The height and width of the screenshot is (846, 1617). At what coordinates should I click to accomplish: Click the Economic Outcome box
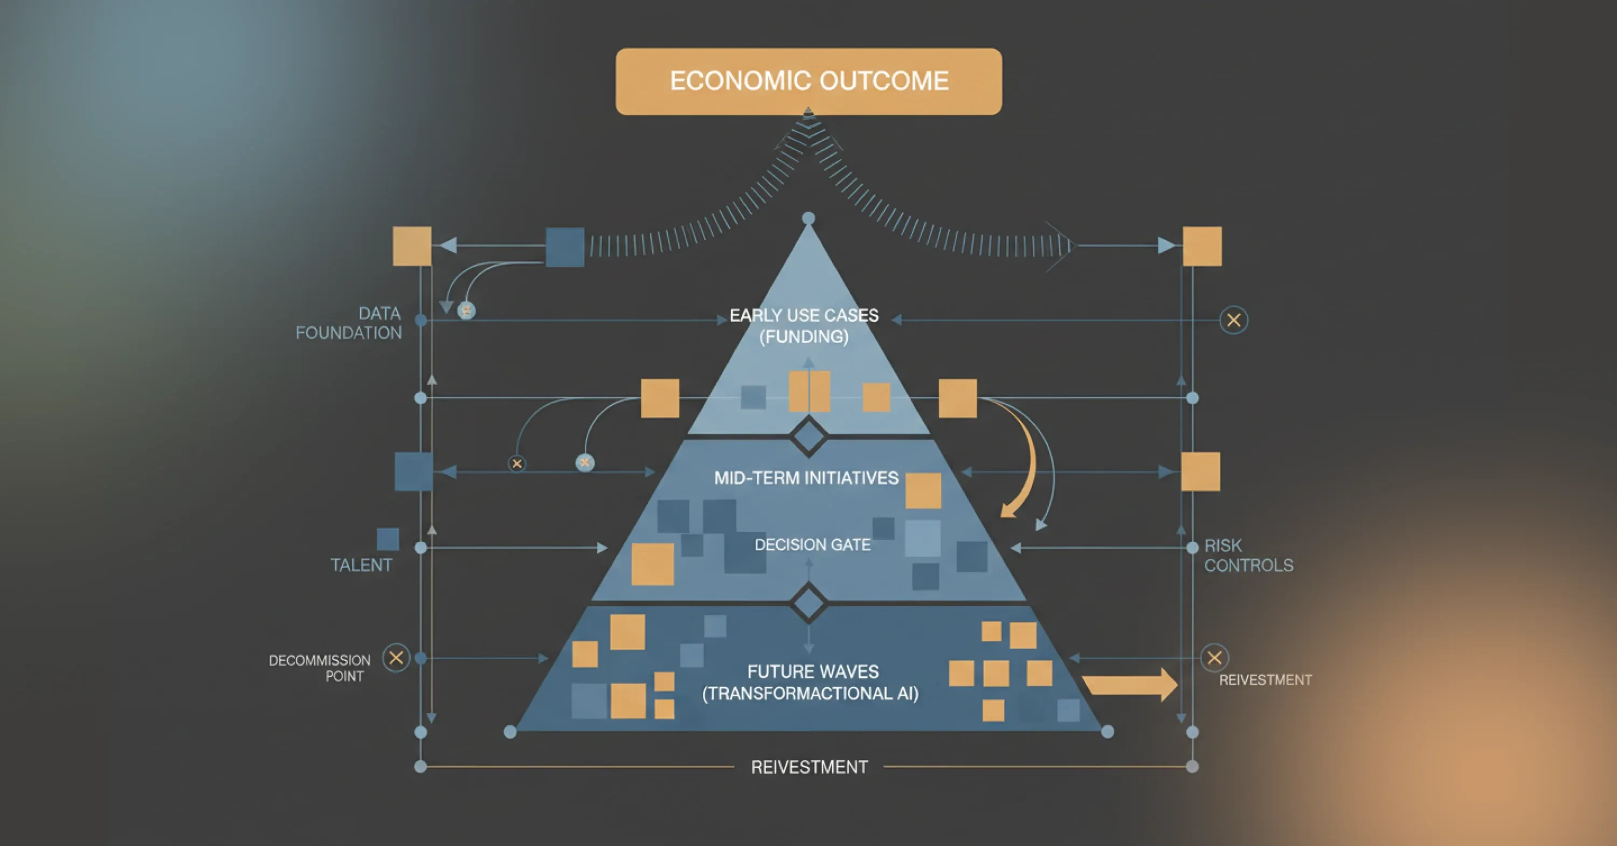pos(808,81)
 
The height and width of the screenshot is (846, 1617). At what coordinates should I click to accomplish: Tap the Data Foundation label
pos(349,323)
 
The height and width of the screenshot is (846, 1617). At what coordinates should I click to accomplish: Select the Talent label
pos(361,565)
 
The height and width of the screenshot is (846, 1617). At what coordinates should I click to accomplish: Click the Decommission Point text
pos(320,668)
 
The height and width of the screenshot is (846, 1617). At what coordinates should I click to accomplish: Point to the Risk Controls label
pos(1248,556)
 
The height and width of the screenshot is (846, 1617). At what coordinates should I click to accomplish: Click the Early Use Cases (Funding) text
pos(804,325)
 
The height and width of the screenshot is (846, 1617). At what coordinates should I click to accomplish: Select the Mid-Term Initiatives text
pos(807,478)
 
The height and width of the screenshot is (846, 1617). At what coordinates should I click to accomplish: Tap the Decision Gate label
pos(812,545)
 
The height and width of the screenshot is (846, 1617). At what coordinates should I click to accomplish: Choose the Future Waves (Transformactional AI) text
pos(810,683)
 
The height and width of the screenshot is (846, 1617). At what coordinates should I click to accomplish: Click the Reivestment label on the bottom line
pos(810,767)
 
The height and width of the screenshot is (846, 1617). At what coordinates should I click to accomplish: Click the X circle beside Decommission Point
pos(396,658)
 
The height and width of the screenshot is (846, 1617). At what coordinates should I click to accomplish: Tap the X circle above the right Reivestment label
pos(1214,658)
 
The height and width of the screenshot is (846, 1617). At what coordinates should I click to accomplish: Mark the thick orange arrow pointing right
pos(1130,685)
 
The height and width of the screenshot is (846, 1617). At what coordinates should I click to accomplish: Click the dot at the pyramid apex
pos(808,218)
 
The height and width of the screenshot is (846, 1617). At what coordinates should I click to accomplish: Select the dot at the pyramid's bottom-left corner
pos(510,732)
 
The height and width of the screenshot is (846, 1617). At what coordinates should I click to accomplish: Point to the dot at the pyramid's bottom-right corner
pos(1108,732)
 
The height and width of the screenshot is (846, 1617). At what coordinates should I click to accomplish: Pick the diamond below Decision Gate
pos(808,604)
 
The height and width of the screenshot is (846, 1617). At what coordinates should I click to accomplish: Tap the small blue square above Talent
pos(388,539)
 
